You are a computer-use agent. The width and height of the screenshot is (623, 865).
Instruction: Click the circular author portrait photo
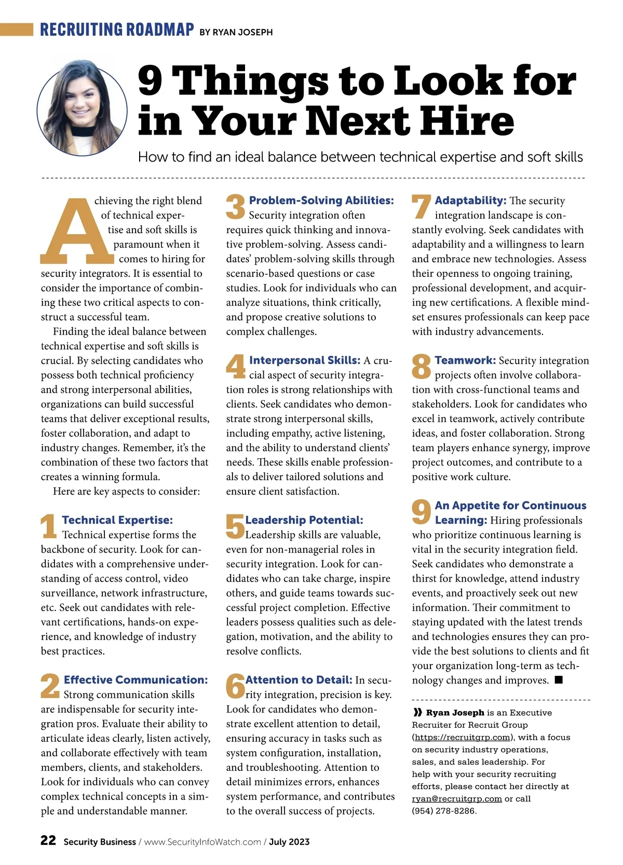pos(82,108)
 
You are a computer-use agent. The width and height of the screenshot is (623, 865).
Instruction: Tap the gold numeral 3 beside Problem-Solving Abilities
pos(236,207)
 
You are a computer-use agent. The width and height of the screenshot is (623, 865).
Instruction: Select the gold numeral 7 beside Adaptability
pos(421,207)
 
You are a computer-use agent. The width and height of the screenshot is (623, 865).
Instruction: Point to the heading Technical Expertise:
pos(117,520)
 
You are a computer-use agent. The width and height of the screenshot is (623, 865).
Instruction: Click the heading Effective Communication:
pos(136,680)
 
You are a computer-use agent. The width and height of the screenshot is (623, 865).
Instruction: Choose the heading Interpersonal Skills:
pos(304,361)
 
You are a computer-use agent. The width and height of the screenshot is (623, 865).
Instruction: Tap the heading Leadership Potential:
pos(304,520)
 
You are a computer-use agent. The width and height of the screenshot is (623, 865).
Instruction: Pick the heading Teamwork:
pos(465,361)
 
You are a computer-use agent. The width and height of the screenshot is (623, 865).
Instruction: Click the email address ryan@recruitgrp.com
pos(457,799)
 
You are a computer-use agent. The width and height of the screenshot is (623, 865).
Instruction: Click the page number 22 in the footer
pos(48,841)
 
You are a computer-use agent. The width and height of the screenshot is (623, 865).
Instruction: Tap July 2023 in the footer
pos(289,842)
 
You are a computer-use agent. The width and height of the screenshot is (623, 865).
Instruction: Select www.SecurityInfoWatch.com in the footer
pos(202,842)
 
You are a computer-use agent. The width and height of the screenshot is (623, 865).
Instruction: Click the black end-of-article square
pos(559,680)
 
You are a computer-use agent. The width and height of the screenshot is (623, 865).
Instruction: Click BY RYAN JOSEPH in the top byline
pos(236,32)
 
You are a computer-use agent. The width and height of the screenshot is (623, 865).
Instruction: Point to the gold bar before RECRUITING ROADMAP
pos(17,29)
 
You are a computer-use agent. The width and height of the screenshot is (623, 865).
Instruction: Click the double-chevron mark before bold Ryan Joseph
pos(417,713)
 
